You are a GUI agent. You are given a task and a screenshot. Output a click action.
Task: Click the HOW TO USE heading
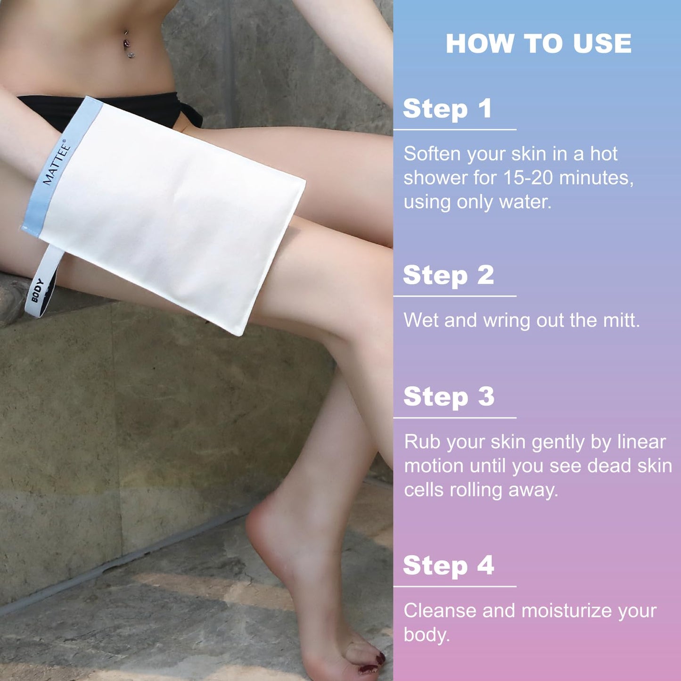[538, 43]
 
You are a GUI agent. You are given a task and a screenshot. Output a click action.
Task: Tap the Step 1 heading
[447, 108]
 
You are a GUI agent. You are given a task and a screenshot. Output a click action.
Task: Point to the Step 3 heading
[449, 396]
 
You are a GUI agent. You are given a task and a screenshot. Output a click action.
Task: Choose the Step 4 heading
[448, 565]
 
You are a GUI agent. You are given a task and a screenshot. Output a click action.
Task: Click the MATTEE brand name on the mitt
[57, 162]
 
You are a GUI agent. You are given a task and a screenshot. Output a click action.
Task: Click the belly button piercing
[128, 44]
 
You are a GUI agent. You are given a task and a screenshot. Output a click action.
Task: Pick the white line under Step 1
[455, 130]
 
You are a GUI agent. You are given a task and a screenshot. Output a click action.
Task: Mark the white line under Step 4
[455, 587]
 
